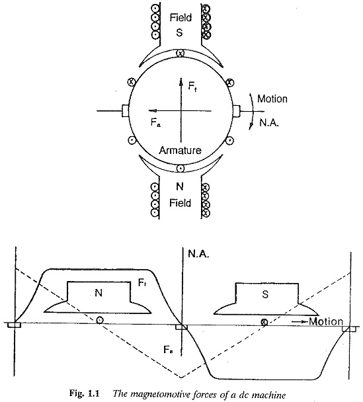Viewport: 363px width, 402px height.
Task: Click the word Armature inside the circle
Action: click(180, 150)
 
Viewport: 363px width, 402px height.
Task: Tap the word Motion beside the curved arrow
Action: click(272, 99)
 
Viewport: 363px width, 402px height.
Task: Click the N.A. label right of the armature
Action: click(269, 123)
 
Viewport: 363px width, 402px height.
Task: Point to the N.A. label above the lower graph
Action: click(198, 254)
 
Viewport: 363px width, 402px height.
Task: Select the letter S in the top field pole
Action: click(179, 32)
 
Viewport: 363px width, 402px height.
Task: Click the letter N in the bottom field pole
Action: click(180, 186)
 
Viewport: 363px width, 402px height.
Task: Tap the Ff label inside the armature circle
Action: click(192, 86)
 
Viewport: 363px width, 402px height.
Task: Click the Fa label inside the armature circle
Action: click(155, 123)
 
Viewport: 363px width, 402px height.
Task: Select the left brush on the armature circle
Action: click(125, 111)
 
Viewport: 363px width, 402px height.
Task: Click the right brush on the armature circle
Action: click(236, 111)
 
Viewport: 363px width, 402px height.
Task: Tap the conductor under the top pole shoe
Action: click(181, 54)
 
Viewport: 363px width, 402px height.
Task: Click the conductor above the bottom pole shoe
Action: click(181, 169)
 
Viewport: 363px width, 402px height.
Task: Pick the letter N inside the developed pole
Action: click(99, 293)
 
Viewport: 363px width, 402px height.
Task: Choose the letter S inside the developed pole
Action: click(266, 294)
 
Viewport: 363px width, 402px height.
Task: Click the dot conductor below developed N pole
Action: click(99, 320)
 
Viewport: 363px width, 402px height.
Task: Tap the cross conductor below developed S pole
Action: click(264, 322)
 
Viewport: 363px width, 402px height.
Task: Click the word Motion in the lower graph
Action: click(326, 321)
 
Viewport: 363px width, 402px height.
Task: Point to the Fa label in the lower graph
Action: click(168, 349)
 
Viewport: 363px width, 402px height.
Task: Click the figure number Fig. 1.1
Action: click(84, 393)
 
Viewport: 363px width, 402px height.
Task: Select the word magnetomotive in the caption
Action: click(155, 394)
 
